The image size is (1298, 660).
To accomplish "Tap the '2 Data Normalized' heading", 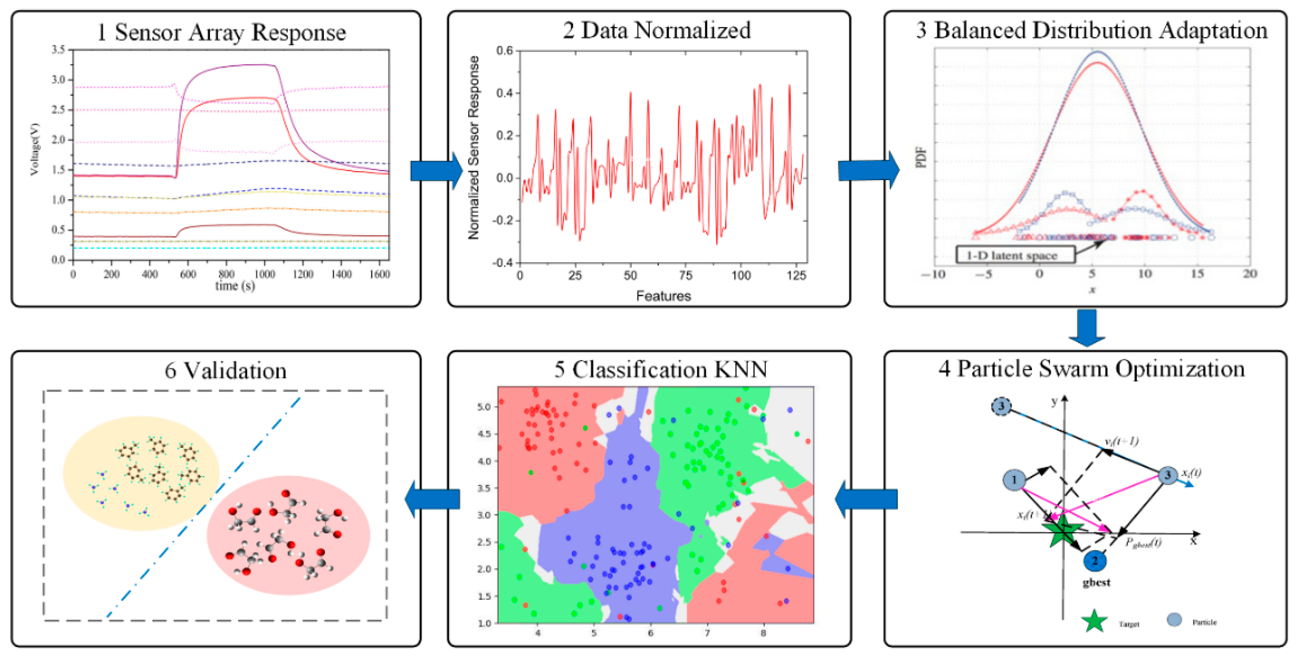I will point(656,30).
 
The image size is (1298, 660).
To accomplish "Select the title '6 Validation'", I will point(225,371).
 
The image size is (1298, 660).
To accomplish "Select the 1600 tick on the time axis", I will point(379,274).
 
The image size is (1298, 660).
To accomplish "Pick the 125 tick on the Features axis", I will point(796,275).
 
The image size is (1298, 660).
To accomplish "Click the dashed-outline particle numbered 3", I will point(1001,406).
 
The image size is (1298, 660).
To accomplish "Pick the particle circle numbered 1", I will point(1014,480).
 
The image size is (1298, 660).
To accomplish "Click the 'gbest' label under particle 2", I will point(1096,583).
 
